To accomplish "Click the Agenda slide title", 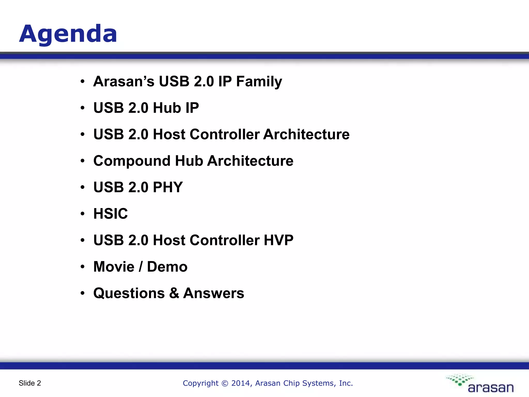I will [x=68, y=34].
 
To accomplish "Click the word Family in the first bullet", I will [x=259, y=82].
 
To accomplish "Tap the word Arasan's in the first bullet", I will [x=123, y=82].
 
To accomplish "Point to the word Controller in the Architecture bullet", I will [x=224, y=134].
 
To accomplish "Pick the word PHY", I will [x=168, y=187].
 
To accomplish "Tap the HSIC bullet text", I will [x=111, y=214].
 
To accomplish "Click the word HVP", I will [x=278, y=240].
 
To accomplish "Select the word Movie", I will [x=114, y=267].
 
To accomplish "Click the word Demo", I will [x=167, y=267].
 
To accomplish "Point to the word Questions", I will [x=129, y=293].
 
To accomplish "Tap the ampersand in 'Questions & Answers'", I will [x=174, y=293].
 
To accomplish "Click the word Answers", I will [x=214, y=293].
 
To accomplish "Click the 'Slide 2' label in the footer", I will [x=30, y=383].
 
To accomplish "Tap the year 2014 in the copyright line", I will [x=240, y=383].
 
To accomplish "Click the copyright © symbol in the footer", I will [x=225, y=383].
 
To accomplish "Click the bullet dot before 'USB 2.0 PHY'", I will [x=82, y=187].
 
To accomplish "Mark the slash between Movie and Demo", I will [x=141, y=267].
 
